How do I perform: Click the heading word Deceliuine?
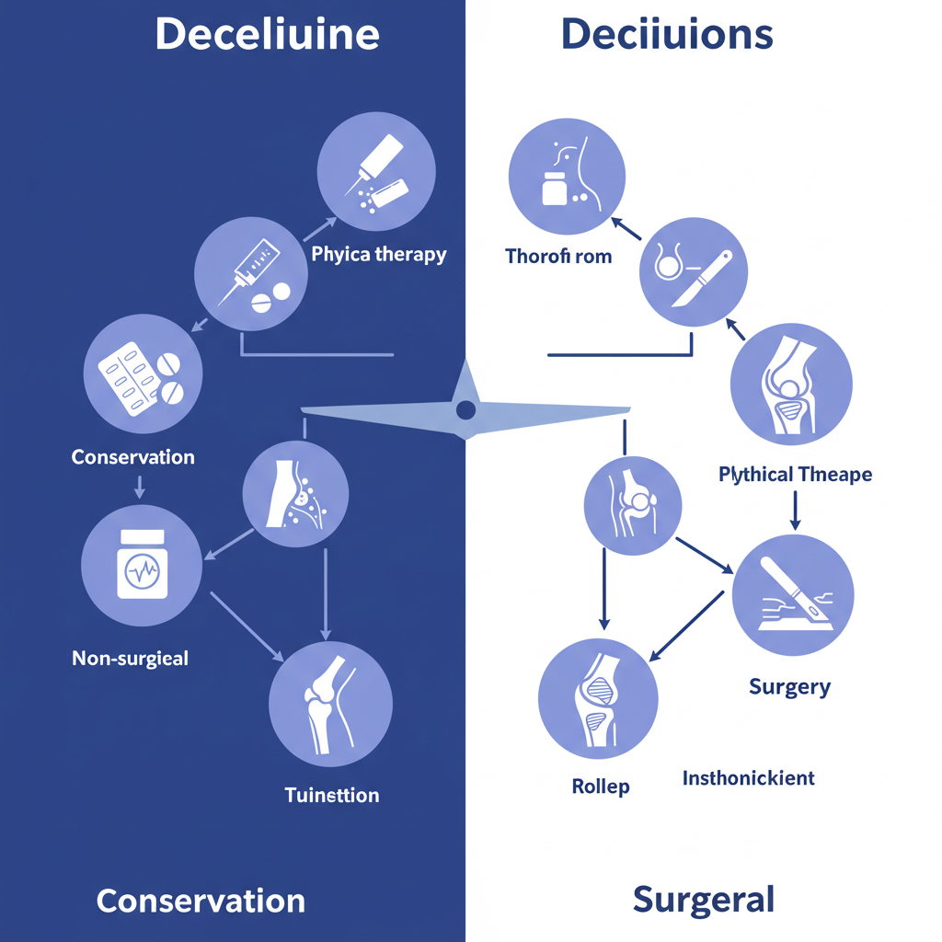click(267, 35)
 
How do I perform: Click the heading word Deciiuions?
click(666, 35)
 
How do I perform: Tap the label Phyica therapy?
click(378, 254)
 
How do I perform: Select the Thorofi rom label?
click(558, 256)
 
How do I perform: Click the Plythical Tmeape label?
click(795, 475)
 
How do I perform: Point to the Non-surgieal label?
click(130, 658)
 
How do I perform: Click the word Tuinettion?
click(332, 795)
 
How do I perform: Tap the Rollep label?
click(601, 787)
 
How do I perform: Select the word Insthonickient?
click(748, 778)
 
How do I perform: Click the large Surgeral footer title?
click(704, 899)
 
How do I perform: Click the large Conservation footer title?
click(201, 900)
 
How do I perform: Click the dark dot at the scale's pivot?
click(466, 409)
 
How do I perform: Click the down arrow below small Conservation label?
click(139, 487)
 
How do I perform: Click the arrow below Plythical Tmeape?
click(795, 511)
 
